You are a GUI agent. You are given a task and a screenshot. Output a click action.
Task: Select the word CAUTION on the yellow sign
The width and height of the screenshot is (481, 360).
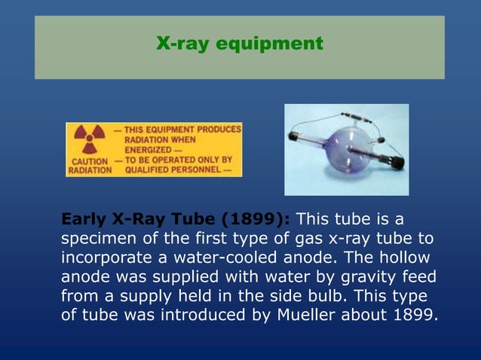[88, 161]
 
